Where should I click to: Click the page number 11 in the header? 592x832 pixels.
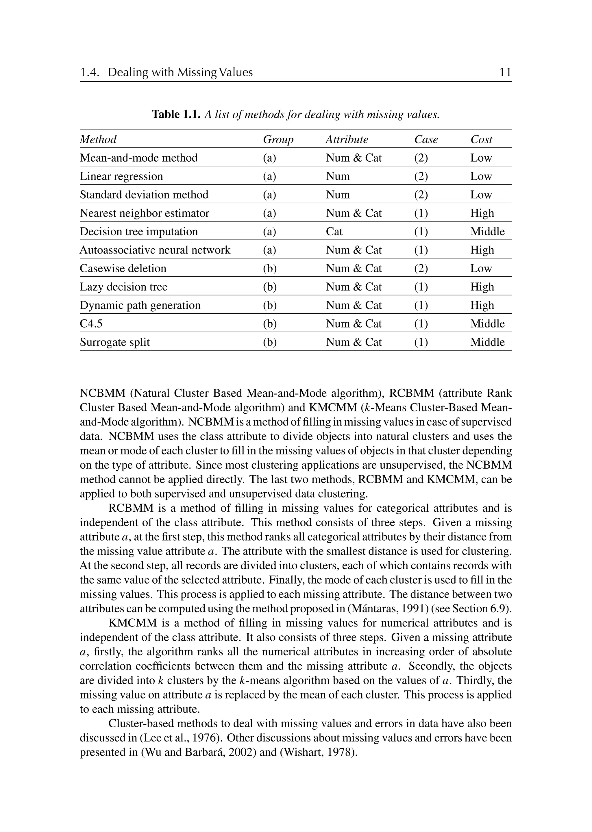tap(505, 72)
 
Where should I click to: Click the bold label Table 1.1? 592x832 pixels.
tap(176, 114)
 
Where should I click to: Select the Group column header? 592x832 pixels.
tap(278, 139)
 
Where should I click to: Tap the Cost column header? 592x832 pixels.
tap(481, 139)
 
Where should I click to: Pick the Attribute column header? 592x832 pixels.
tap(347, 139)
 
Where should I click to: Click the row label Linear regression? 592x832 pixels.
tap(121, 176)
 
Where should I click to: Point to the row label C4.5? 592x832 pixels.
tap(91, 323)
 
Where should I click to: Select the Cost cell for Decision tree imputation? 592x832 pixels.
tap(487, 232)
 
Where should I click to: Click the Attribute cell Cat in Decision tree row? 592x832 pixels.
tap(334, 232)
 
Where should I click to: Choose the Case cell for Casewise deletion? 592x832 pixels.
tap(421, 268)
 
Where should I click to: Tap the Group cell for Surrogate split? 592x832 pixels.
tap(270, 342)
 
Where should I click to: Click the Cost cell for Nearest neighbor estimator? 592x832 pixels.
tap(482, 213)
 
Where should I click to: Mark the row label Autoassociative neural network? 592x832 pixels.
tap(155, 250)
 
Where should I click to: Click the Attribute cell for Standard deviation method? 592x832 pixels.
tap(338, 195)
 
